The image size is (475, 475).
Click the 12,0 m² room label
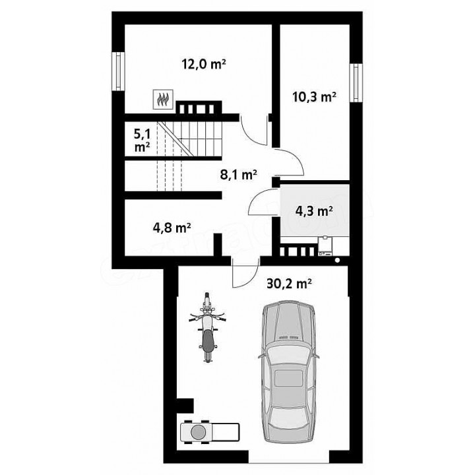[204, 64]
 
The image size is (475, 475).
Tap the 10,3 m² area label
[314, 97]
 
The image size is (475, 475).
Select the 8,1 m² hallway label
[238, 175]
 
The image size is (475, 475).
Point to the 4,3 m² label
[314, 211]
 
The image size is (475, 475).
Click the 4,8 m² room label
[172, 228]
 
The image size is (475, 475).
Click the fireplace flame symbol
[164, 99]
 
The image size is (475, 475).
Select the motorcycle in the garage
[207, 327]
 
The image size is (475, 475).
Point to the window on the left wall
[118, 71]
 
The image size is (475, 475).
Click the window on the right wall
[356, 82]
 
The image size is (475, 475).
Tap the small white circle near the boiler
[338, 260]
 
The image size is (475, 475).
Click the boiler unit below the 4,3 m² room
[325, 246]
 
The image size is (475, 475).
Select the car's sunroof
[288, 378]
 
